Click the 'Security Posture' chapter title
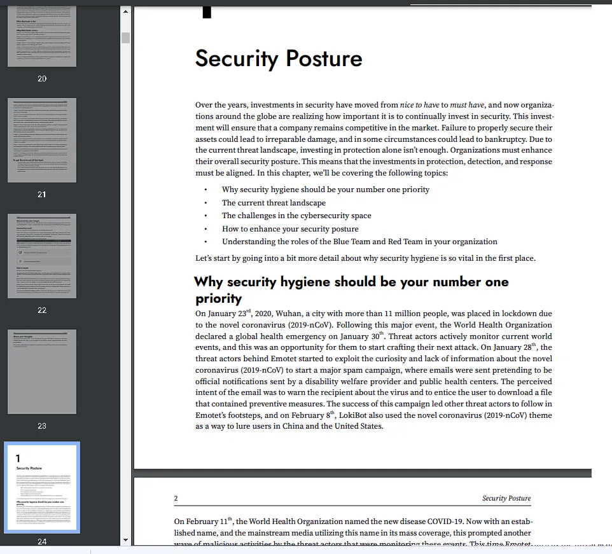click(x=278, y=59)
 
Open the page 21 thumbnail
click(x=42, y=140)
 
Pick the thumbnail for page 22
click(x=42, y=256)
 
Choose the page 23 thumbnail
click(x=42, y=371)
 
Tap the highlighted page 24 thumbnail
click(x=42, y=488)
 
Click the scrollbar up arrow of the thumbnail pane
click(x=125, y=11)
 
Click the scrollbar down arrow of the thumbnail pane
click(x=125, y=540)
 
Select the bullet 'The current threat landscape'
click(x=274, y=203)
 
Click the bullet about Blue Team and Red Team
click(x=359, y=242)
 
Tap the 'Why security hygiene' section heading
click(x=351, y=282)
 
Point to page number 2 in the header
click(x=176, y=499)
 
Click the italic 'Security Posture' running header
click(x=506, y=499)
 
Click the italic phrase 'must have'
click(x=467, y=105)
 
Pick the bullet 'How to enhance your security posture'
click(x=290, y=229)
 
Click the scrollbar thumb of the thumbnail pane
click(x=125, y=38)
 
